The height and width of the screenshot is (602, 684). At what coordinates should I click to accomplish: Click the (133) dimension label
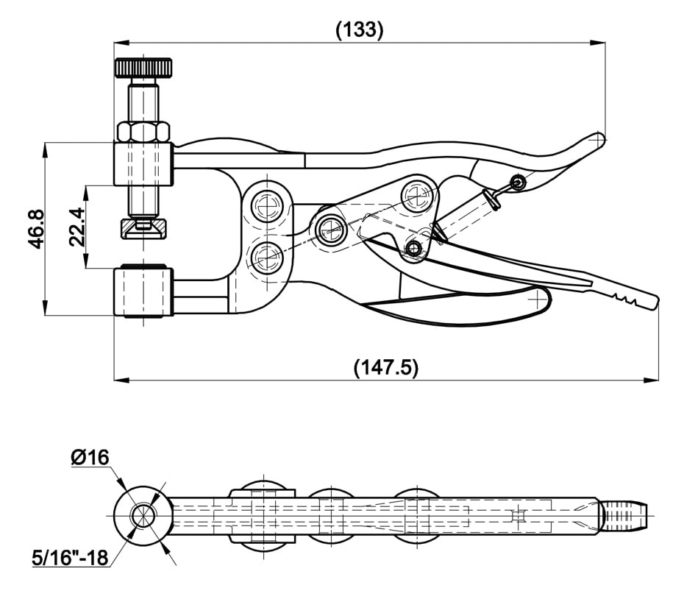coord(359,29)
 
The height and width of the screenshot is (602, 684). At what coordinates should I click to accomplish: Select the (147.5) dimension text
coord(385,367)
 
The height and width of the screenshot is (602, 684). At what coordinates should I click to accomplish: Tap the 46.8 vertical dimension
coord(36,229)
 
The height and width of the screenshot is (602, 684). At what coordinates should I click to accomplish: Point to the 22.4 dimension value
coord(77,227)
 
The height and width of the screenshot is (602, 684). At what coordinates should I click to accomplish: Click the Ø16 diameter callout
coord(90,457)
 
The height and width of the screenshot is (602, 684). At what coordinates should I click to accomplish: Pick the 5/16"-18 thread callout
coord(70,557)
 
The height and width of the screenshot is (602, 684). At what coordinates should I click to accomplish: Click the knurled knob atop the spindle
coord(143,68)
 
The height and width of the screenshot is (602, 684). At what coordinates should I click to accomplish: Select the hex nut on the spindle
coord(143,132)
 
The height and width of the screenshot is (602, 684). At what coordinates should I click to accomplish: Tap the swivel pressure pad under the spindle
coord(143,228)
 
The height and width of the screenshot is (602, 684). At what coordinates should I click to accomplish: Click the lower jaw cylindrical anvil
coord(143,291)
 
